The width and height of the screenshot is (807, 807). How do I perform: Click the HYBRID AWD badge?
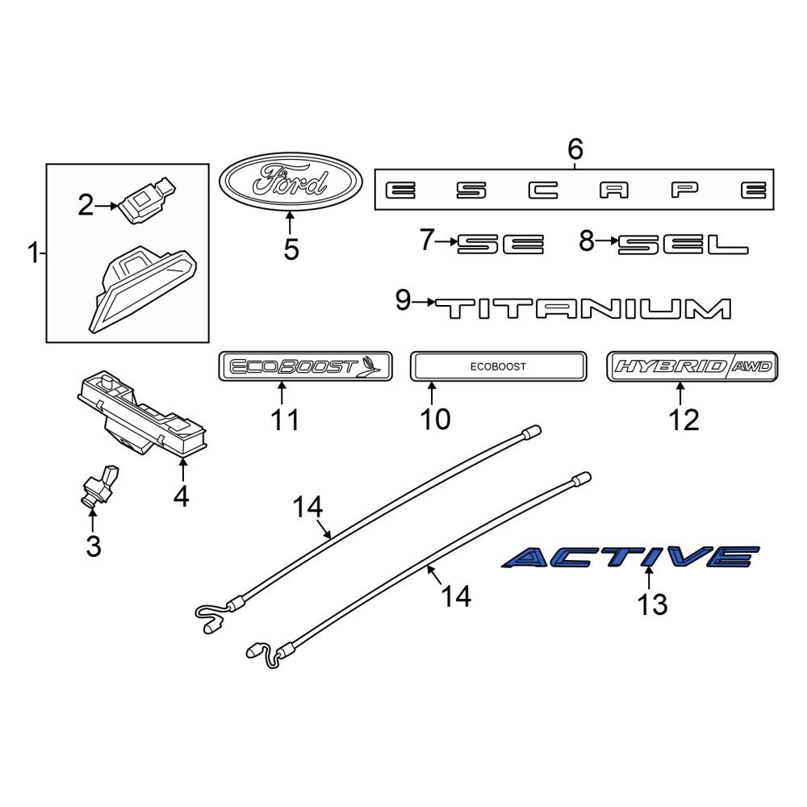[693, 366]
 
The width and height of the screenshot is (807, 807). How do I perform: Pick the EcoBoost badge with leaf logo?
[305, 366]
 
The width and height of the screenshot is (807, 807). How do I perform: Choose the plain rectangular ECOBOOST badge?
[497, 366]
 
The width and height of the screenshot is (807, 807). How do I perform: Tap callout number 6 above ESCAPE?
[575, 149]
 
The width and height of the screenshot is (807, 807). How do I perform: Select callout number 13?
[652, 604]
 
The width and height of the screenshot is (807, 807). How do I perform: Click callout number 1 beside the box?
[33, 255]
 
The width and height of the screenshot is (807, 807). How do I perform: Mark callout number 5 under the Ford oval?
[291, 249]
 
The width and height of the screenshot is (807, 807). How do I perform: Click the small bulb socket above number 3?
[98, 486]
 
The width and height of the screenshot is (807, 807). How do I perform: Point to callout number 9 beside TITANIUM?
[403, 301]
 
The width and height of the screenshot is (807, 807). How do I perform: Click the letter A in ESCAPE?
[616, 190]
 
